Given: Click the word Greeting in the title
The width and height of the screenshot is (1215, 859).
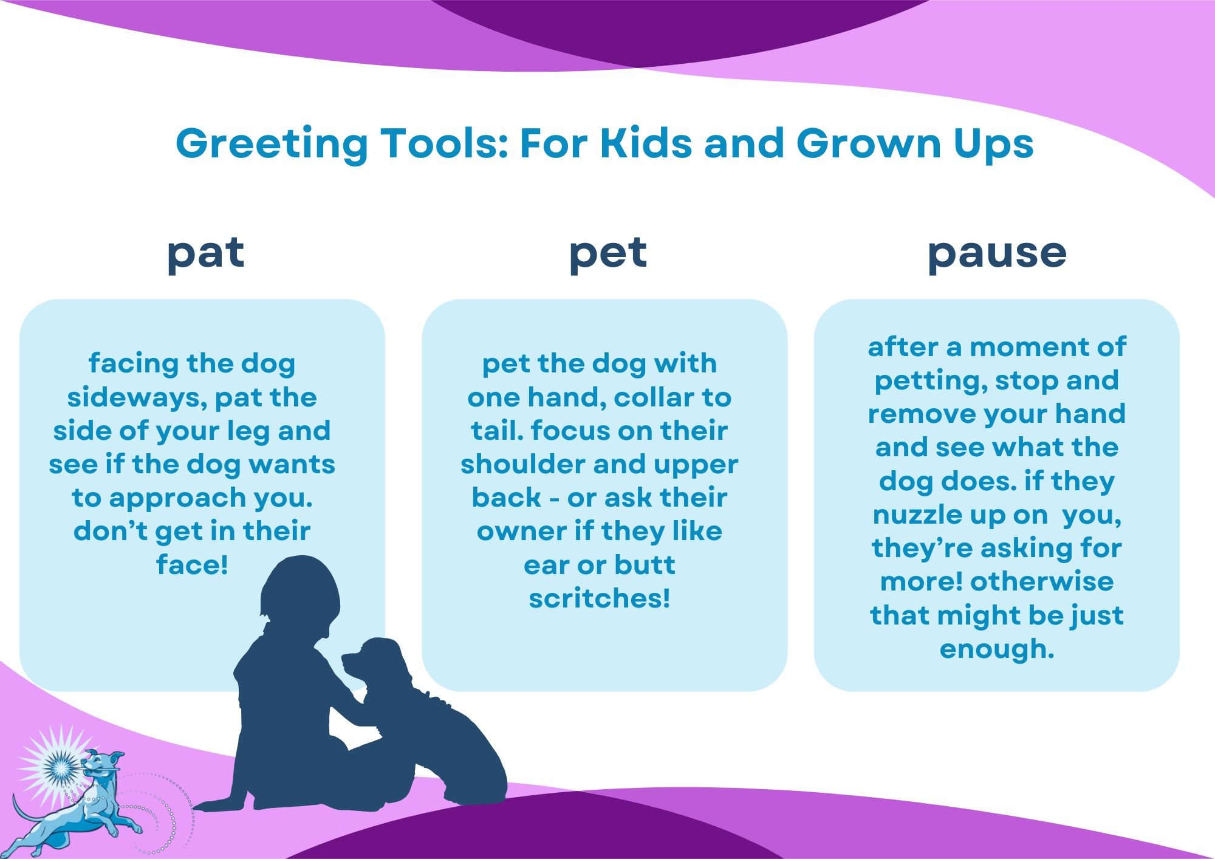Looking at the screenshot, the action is [272, 145].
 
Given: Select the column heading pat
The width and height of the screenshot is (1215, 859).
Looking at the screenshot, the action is [205, 254].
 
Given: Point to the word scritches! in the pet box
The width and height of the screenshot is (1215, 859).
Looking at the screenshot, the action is [600, 598].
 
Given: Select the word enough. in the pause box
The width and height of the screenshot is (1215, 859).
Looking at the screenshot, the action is [996, 649].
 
